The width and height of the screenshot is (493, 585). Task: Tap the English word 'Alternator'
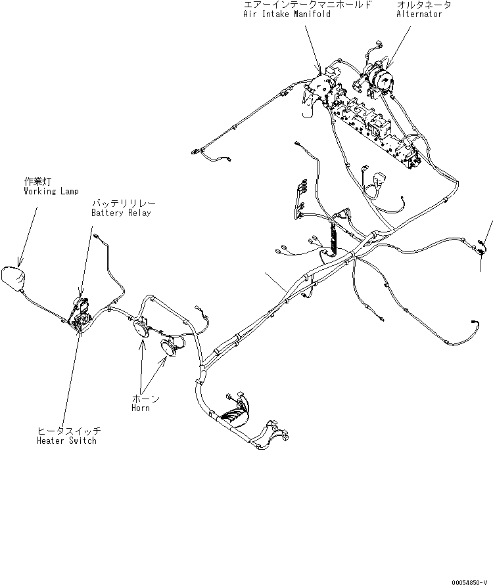click(419, 14)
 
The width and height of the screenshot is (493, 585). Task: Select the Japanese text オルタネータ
click(423, 5)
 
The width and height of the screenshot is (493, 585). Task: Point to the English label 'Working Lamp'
click(51, 191)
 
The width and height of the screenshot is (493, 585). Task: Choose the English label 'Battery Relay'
click(121, 213)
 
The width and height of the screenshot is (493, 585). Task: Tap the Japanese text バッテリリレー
click(125, 204)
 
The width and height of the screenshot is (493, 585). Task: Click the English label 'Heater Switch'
click(67, 441)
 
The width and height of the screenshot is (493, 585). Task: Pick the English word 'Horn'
click(140, 408)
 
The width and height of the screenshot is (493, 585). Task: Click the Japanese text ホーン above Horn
click(145, 399)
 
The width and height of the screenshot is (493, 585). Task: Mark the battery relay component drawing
click(82, 306)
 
